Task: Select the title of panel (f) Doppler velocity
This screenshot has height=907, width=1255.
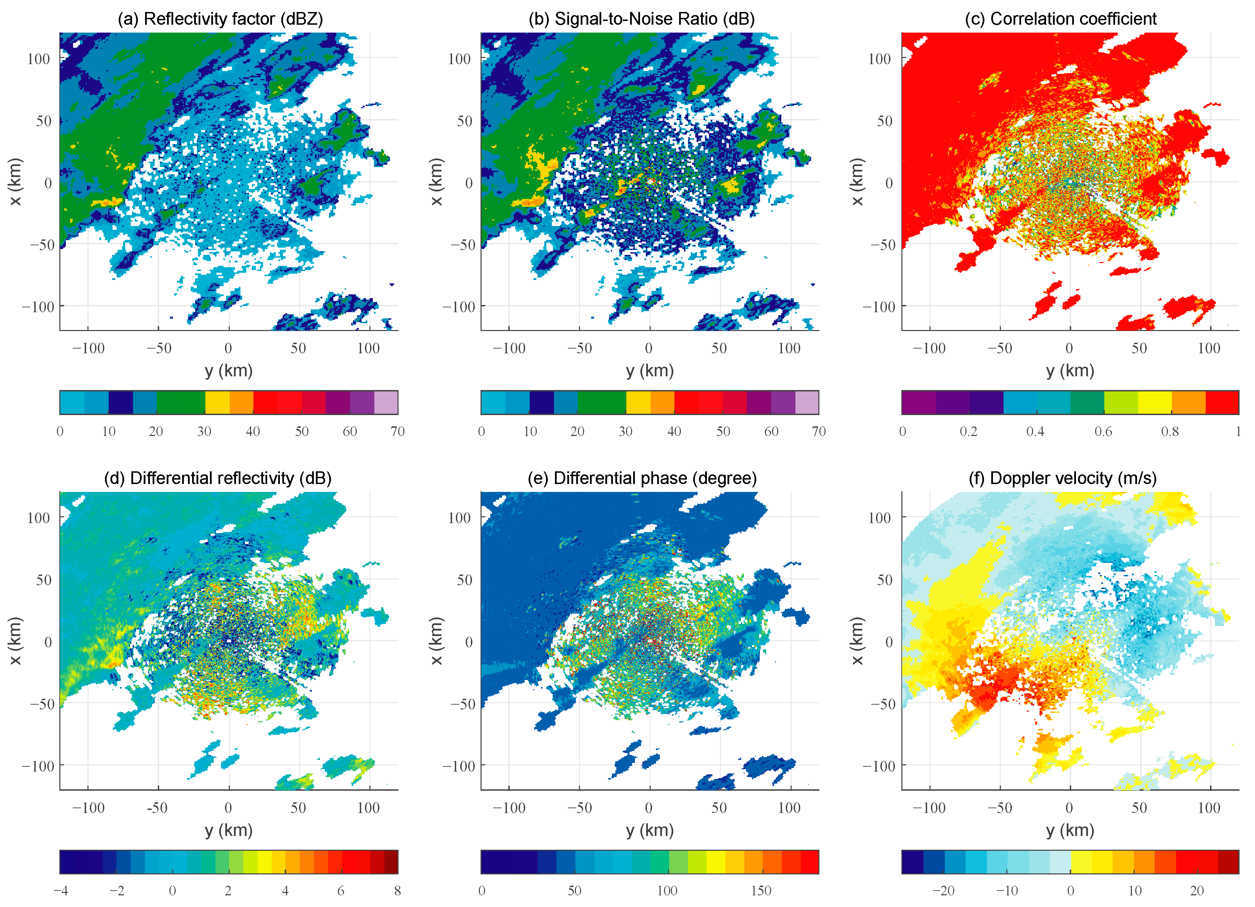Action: [1062, 478]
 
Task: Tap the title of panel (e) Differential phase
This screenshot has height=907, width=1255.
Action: [642, 478]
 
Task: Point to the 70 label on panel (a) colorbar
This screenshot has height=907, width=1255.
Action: [397, 431]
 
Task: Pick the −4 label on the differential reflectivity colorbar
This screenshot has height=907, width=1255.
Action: [61, 891]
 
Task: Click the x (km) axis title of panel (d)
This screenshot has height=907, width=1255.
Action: [15, 641]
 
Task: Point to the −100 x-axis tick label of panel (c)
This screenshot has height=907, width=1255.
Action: [929, 348]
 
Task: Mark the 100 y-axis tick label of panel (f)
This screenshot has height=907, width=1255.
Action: [879, 518]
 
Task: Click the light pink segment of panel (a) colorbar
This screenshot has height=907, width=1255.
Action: [386, 402]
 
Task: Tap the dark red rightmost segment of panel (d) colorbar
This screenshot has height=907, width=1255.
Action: [391, 862]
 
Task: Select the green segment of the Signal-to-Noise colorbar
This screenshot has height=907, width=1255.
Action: [602, 402]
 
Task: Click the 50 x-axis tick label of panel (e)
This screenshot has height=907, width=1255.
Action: [719, 808]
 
